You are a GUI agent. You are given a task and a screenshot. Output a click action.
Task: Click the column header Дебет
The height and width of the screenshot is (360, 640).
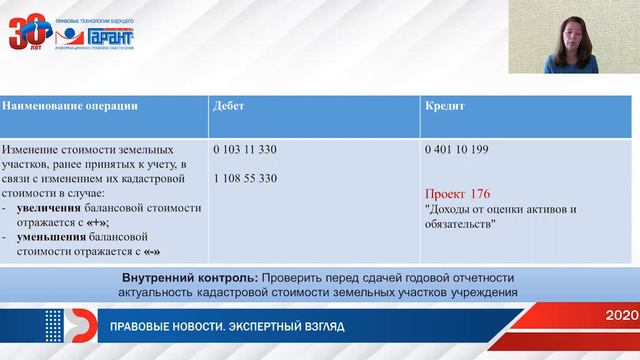point(232,105)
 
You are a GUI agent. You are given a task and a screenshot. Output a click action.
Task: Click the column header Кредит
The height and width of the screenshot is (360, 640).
point(445,105)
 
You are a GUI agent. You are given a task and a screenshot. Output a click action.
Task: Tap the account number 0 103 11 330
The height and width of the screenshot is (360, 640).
point(245,149)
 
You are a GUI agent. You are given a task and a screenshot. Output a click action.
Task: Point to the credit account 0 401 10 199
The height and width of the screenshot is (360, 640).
point(457,149)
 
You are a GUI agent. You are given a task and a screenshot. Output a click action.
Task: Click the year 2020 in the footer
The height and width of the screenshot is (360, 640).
point(617,315)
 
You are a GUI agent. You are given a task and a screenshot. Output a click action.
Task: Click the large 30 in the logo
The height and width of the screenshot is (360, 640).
point(28,33)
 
